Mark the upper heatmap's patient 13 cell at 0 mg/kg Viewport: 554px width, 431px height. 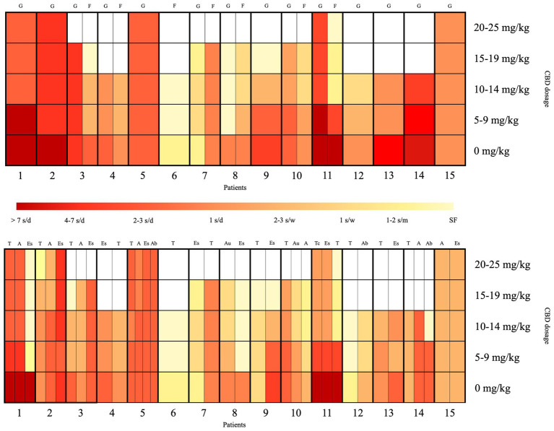pos(389,150)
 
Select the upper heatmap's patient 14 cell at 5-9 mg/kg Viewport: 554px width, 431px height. pos(420,120)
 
